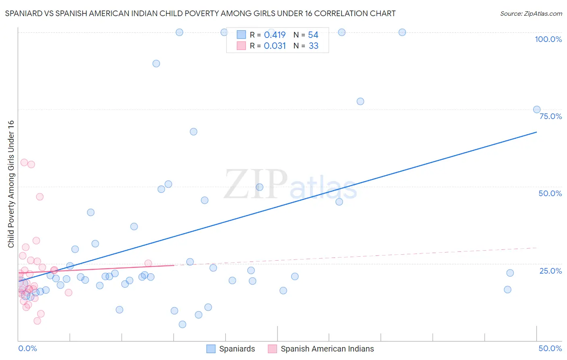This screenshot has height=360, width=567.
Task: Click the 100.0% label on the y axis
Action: pos(548,39)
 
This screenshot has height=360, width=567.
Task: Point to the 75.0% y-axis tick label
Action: pos(550,116)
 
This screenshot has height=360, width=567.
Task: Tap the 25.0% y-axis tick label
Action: pos(550,271)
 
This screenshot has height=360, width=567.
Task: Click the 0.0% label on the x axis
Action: pos(27,348)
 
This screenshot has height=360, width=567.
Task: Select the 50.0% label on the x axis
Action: pos(550,348)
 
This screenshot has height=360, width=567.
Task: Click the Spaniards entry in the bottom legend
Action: pos(237,349)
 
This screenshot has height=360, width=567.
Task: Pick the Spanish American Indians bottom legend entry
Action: pos(327,349)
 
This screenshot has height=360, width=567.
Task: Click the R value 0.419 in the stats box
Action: pos(275,35)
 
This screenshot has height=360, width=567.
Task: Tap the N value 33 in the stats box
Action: pos(313,46)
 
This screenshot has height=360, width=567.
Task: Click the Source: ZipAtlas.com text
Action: pos(531,14)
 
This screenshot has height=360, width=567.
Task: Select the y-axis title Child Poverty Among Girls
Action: pos(11,184)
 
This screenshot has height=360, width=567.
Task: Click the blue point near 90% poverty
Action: pos(156,63)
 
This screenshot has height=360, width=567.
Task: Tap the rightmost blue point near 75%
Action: pos(537,109)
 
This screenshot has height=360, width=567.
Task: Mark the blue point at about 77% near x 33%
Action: pos(360,101)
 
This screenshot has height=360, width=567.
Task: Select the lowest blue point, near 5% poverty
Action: pos(182,324)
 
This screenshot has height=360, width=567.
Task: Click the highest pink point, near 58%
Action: pos(24,163)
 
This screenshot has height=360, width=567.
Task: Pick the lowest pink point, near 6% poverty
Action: pos(37,321)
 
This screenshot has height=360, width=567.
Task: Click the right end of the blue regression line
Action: pos(536,132)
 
